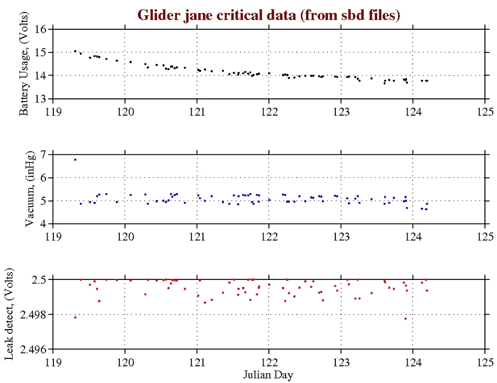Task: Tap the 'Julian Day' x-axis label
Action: coord(268,375)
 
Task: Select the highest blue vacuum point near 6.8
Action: coord(75,160)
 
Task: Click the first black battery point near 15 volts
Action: coord(75,51)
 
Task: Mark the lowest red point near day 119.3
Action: coord(75,317)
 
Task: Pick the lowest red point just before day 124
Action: coord(405,319)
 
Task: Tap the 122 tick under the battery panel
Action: coord(269,111)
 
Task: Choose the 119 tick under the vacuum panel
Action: coord(53,236)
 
